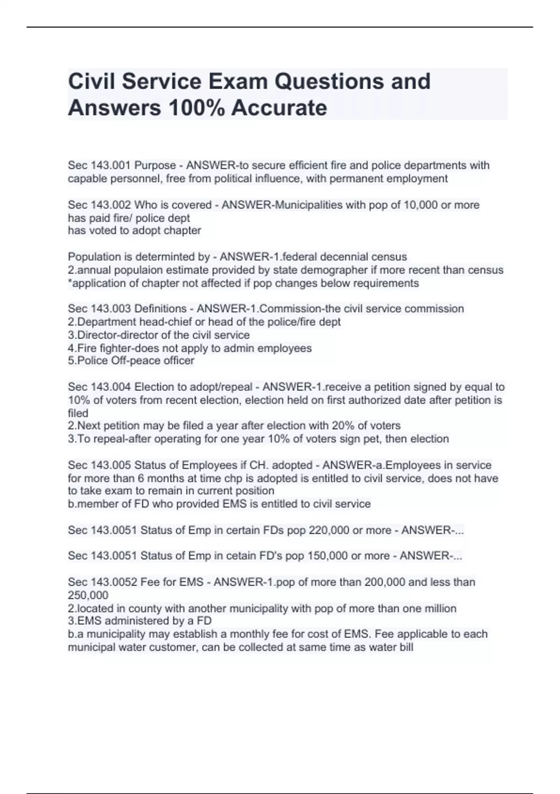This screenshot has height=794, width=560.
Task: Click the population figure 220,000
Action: click(328, 530)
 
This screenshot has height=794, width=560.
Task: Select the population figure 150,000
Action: click(327, 556)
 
